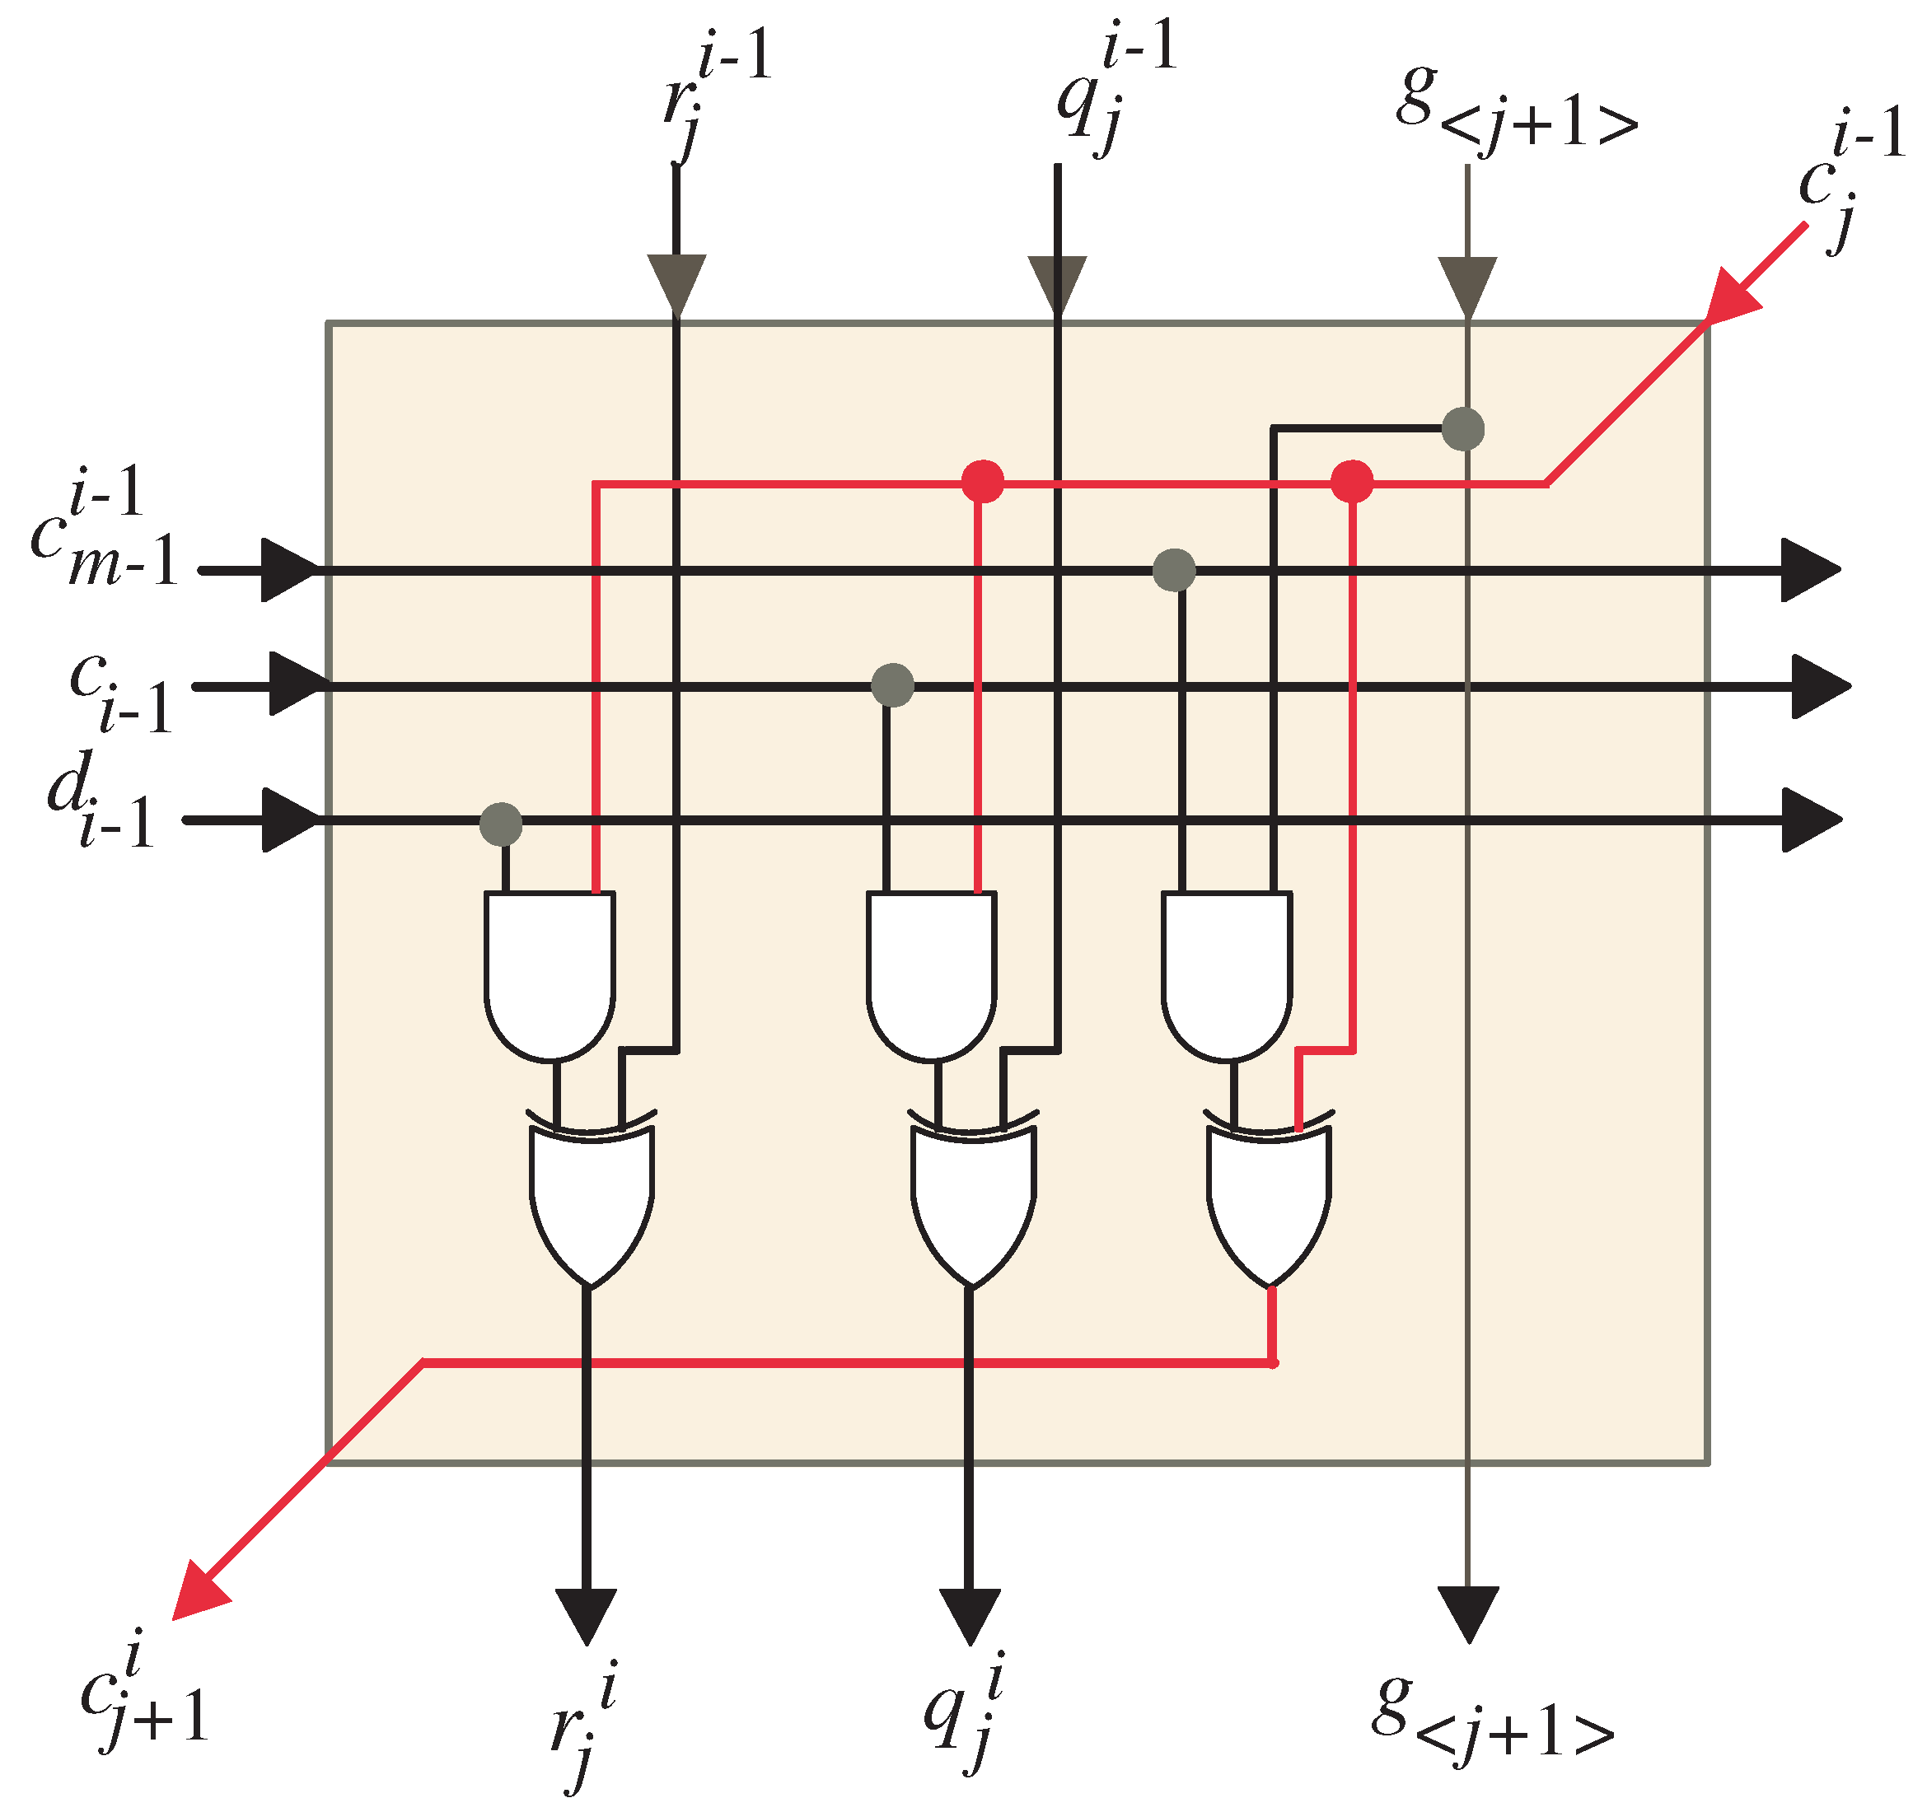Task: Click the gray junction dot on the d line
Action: pos(501,824)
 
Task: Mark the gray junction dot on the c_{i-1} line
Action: pos(891,685)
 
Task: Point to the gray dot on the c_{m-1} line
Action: pos(1174,570)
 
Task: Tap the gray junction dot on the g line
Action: pos(1462,428)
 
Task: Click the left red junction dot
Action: pos(982,481)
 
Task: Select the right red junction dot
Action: pos(1351,481)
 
